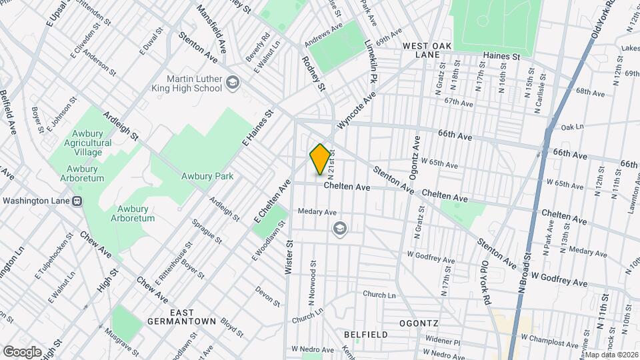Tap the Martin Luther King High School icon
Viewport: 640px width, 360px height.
point(233,82)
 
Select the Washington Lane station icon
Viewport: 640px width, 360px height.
point(78,201)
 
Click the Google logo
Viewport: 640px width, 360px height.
point(22,351)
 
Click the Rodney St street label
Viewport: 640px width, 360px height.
point(313,73)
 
